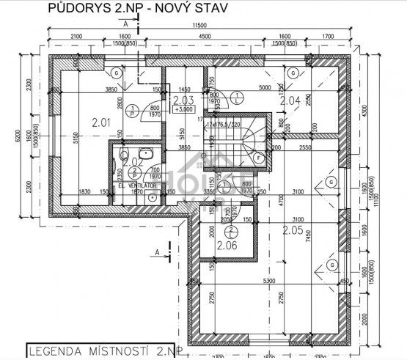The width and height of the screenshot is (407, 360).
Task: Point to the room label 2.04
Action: tap(290, 100)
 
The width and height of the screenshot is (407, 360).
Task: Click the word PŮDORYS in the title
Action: tap(73, 8)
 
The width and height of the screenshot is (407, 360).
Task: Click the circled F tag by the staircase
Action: tap(258, 157)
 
